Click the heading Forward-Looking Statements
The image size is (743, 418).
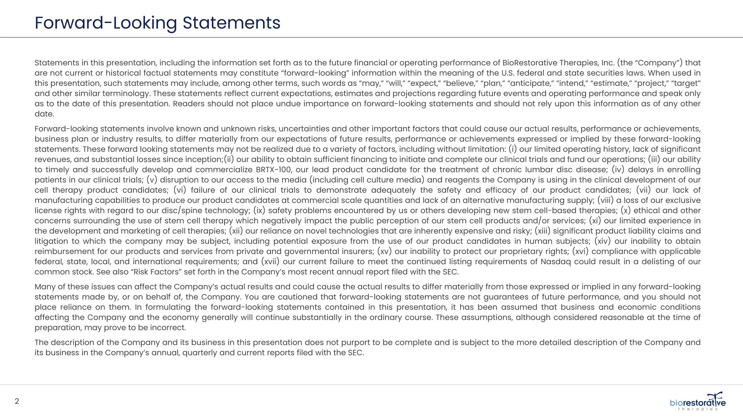coord(157,23)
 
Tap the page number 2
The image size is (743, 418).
coord(17,401)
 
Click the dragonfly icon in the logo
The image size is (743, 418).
coord(715,397)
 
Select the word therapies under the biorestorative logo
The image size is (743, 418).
coord(698,409)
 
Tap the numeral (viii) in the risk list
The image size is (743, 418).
coord(605,200)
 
